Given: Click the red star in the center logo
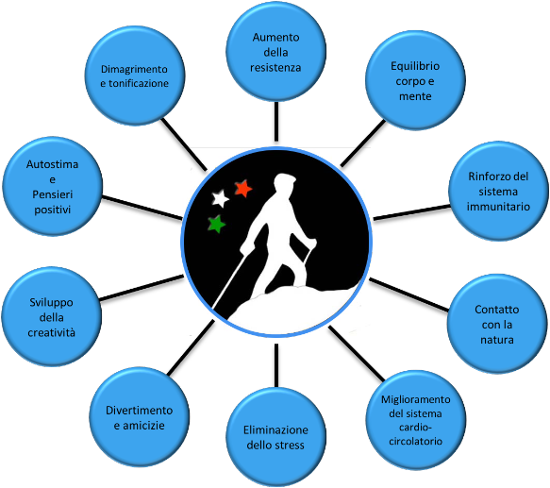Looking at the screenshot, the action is (243, 188).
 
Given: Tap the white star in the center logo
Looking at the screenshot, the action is (220, 198).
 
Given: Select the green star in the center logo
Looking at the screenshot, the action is (216, 224).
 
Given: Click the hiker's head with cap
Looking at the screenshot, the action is (284, 184).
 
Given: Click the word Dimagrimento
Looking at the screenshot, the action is (134, 69).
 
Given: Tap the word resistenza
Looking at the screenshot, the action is (275, 67).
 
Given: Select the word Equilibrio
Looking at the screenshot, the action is (415, 66).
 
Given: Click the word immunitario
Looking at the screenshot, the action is (498, 207).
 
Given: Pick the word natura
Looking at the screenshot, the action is (496, 340).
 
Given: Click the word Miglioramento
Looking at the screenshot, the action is (416, 399).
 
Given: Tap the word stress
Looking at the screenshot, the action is (290, 446).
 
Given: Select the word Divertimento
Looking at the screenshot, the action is (140, 411).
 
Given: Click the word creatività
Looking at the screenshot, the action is (52, 332).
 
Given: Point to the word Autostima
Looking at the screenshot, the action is (52, 164).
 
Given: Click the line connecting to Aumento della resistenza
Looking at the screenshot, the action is (276, 122).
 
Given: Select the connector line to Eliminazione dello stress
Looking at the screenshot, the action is (276, 365).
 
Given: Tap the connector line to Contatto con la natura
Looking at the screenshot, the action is (409, 294).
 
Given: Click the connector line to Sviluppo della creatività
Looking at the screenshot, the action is (142, 288).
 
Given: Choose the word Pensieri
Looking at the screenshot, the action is (52, 194).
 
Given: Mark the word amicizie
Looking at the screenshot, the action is (140, 426).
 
